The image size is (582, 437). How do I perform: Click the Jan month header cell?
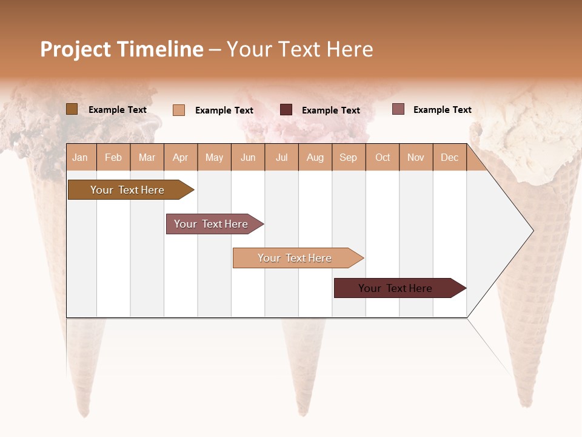[x=81, y=157]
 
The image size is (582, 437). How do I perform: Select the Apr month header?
[x=181, y=157]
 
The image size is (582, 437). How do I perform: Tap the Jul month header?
[x=281, y=157]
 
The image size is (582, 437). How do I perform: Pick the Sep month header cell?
[x=349, y=157]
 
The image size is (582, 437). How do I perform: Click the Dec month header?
[x=449, y=157]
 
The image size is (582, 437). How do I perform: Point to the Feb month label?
[x=113, y=157]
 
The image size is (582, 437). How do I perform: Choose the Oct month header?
[x=383, y=157]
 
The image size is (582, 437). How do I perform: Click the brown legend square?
[x=72, y=109]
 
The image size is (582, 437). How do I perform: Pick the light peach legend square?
[x=179, y=110]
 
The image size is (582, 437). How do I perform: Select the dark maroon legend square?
[x=286, y=109]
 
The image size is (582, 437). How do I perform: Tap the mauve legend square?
[x=398, y=109]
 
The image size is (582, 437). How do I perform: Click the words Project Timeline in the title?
[x=121, y=49]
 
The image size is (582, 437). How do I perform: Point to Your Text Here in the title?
[x=299, y=49]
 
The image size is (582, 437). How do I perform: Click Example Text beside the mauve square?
[x=442, y=110]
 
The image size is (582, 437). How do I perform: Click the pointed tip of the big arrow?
[x=532, y=231]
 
